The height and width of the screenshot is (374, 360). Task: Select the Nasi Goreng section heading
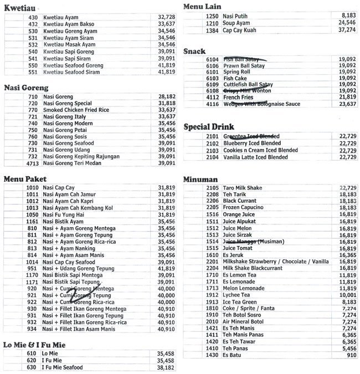[x=26, y=87]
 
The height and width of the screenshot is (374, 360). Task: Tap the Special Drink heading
[x=209, y=126]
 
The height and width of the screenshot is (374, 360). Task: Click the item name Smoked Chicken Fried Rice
[x=76, y=110]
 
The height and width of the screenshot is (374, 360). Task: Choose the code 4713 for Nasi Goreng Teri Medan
[x=32, y=163]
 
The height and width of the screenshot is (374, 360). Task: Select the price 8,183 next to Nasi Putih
[x=347, y=16]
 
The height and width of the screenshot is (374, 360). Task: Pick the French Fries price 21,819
[x=347, y=97]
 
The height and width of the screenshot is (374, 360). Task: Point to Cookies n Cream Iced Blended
[x=260, y=151]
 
